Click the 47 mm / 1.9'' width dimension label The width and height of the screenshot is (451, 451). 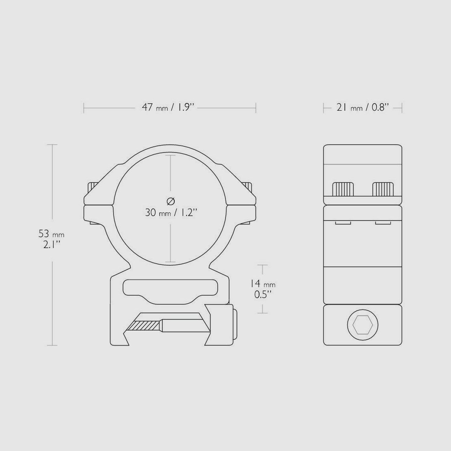[170, 108]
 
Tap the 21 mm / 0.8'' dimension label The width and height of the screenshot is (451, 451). [362, 108]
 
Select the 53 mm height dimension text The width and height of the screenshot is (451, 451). [51, 234]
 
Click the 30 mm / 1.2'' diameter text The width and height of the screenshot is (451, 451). [171, 212]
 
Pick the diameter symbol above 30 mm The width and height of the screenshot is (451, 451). [171, 201]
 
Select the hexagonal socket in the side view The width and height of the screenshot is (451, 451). [362, 326]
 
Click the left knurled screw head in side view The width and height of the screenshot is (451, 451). [343, 189]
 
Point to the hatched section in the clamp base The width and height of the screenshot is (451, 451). [143, 326]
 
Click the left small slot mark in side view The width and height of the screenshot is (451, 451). [343, 223]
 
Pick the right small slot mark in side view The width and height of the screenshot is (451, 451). [383, 223]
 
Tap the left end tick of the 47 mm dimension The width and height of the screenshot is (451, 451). [84, 108]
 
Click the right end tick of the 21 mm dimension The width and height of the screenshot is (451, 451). [402, 108]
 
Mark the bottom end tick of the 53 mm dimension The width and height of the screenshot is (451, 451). [52, 345]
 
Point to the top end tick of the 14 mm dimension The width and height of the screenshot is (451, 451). [262, 265]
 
